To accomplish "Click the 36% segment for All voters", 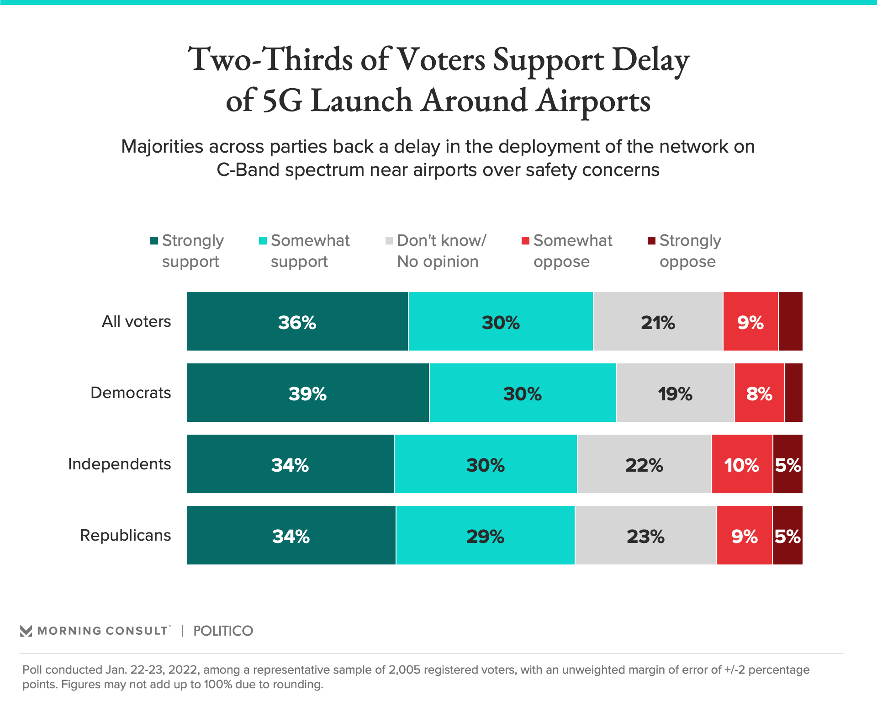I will (x=297, y=322).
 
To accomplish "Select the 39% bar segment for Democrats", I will (x=308, y=393).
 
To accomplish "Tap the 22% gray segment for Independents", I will (x=644, y=464).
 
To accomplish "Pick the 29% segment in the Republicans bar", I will (x=485, y=536).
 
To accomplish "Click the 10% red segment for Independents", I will (x=742, y=464).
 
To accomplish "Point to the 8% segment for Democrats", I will (x=759, y=393).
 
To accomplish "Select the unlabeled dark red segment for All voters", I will (x=790, y=322).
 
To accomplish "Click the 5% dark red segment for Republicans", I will (x=787, y=536).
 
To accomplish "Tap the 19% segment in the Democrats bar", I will (x=675, y=393).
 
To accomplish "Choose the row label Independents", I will (x=119, y=464).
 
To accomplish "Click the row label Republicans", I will (x=125, y=535).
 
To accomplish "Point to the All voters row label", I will (x=136, y=321).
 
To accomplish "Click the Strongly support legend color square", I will (x=154, y=240).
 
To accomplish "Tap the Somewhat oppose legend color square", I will (x=525, y=240).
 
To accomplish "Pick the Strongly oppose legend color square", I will (x=651, y=240).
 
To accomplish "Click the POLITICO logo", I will (x=223, y=631).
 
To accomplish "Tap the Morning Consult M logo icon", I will (x=26, y=631).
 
